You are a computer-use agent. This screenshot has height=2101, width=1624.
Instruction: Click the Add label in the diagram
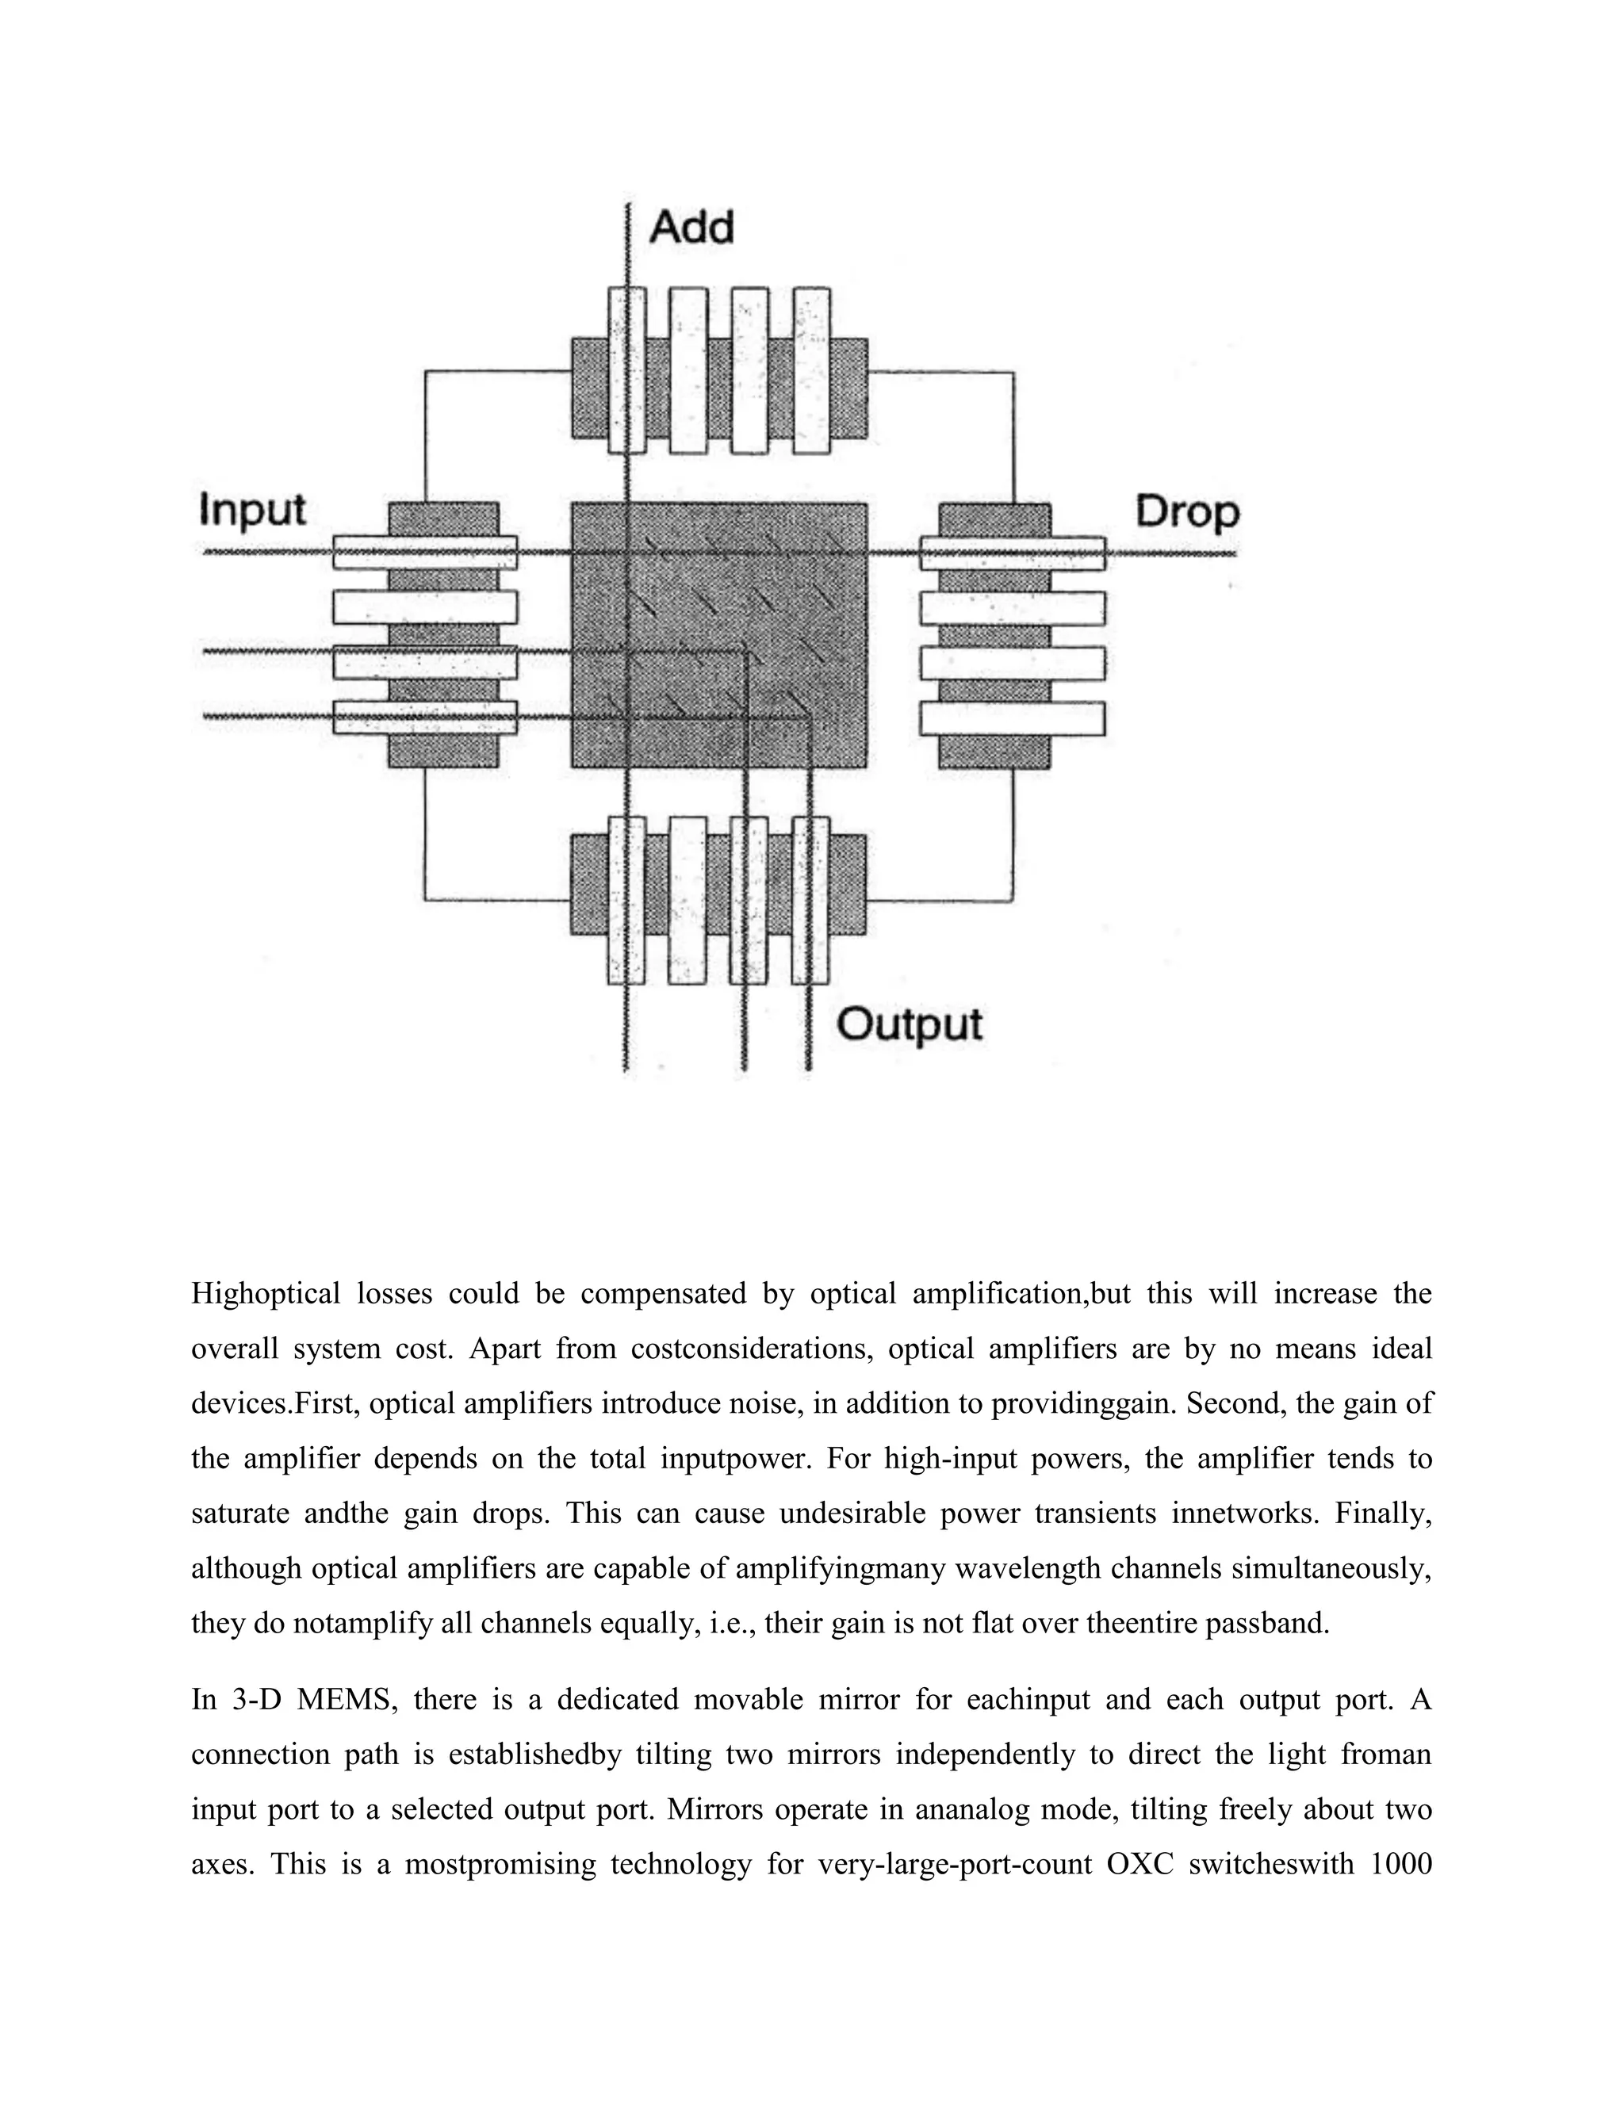click(x=691, y=228)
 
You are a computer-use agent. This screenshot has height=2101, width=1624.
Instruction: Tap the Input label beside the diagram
click(x=252, y=509)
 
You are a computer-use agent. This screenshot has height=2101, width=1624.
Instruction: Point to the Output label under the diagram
click(x=910, y=1024)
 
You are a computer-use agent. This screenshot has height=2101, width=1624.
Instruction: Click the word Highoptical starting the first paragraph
click(x=266, y=1294)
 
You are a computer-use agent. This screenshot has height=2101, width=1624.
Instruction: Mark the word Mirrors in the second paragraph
click(x=713, y=1809)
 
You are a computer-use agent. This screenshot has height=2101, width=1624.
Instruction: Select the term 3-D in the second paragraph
click(x=257, y=1700)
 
